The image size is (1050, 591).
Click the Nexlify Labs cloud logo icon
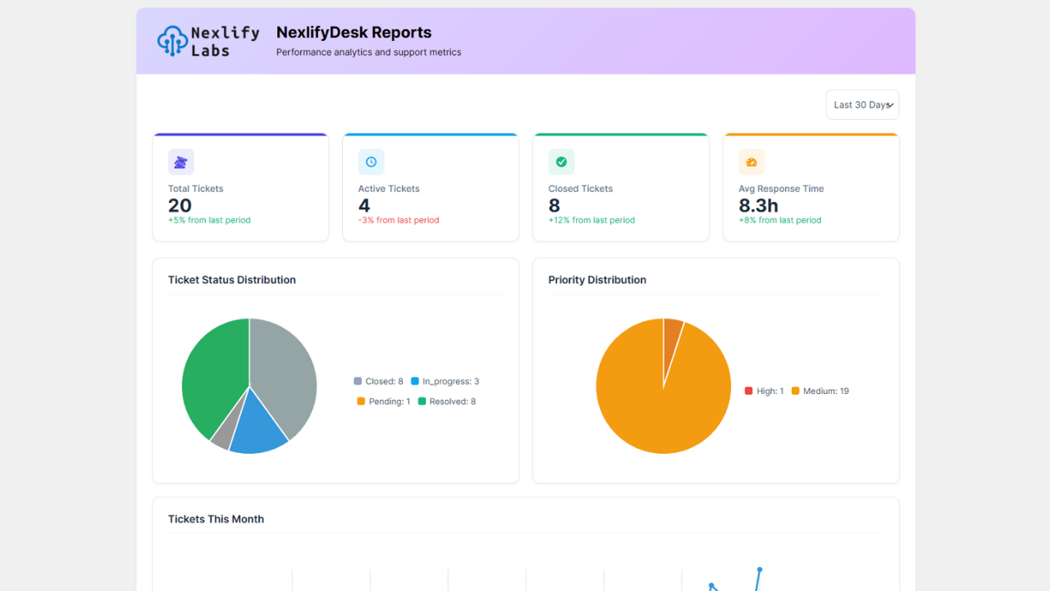[x=172, y=41]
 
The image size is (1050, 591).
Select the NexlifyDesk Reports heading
[x=354, y=33]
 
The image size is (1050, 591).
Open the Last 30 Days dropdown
[x=862, y=105]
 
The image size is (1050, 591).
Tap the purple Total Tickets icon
[x=181, y=163]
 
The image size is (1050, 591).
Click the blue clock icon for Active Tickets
[x=371, y=163]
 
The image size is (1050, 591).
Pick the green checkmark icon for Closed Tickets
[x=561, y=163]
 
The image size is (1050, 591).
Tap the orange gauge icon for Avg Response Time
[x=751, y=163]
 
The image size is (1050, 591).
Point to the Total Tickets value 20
[x=180, y=206]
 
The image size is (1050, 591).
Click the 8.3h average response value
[x=758, y=206]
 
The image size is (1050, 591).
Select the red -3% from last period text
[x=399, y=220]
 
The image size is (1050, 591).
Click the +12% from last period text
[x=591, y=220]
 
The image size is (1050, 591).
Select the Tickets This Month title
[x=216, y=520]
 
